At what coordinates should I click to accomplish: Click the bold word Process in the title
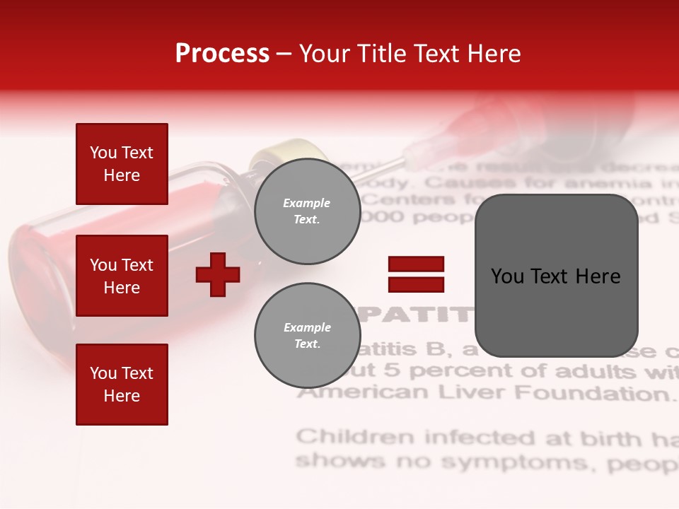tap(222, 54)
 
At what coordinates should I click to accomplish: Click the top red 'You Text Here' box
tap(122, 164)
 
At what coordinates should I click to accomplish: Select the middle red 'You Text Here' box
tap(122, 276)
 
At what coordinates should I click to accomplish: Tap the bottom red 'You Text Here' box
tap(122, 385)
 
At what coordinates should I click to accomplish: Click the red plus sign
tap(218, 274)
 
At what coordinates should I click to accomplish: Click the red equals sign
tap(416, 274)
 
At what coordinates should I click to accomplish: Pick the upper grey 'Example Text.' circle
tap(307, 211)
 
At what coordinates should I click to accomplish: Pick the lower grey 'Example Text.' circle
tap(307, 336)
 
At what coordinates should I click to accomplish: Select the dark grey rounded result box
tap(556, 276)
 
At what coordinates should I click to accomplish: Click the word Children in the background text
tap(356, 437)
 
